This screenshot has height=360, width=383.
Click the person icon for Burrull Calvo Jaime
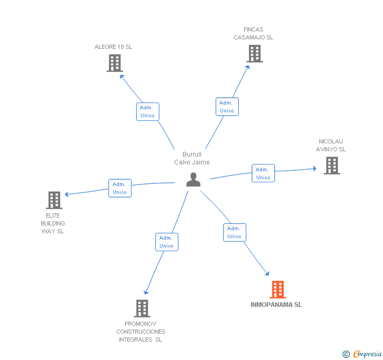click(194, 180)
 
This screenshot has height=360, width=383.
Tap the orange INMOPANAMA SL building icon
click(278, 290)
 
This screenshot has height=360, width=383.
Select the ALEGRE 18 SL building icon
click(114, 63)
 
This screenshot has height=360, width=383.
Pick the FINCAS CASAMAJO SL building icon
click(254, 54)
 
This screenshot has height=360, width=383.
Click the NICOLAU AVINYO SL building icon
click(331, 166)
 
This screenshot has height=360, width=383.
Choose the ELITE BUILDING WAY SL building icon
click(54, 200)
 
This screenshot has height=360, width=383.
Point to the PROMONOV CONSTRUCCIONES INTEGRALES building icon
click(142, 308)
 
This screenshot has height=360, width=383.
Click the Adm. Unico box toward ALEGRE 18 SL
click(147, 111)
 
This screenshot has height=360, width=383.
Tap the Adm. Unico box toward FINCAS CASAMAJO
click(227, 107)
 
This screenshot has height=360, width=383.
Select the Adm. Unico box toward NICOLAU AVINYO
click(263, 173)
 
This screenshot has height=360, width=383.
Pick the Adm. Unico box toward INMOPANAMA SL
click(234, 232)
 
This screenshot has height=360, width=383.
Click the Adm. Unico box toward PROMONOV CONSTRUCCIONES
click(166, 242)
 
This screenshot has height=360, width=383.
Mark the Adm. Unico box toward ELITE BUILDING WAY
click(119, 188)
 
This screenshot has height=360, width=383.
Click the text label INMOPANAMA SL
click(276, 305)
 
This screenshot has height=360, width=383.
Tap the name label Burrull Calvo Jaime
click(192, 158)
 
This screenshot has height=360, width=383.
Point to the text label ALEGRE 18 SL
click(113, 47)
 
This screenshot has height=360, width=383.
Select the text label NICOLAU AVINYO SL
click(331, 145)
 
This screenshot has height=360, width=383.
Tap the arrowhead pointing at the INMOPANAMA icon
click(267, 273)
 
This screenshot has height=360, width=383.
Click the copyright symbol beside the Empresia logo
click(346, 354)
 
